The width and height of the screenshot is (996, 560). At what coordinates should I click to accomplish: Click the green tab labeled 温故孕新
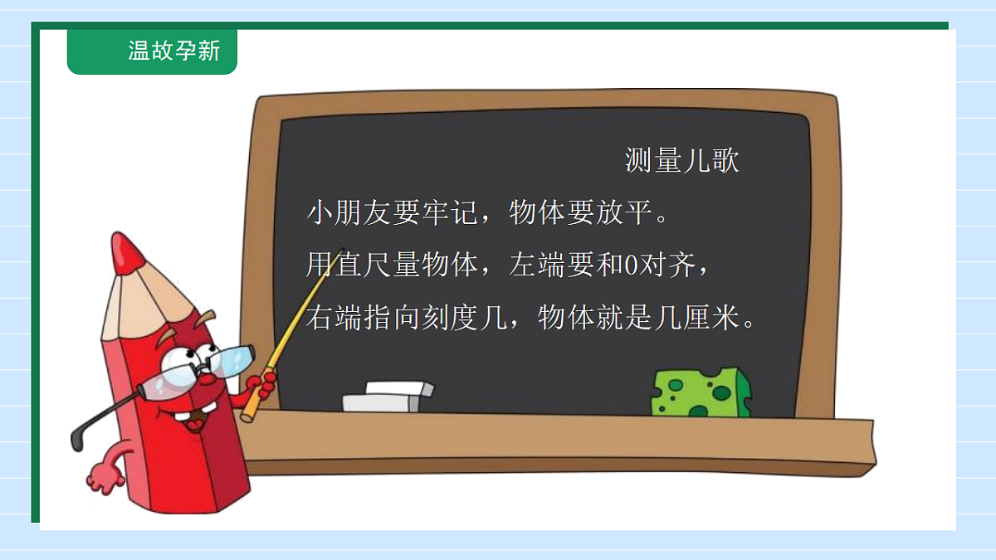[x=153, y=51]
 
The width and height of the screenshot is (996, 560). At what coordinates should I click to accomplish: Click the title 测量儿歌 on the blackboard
[x=681, y=161]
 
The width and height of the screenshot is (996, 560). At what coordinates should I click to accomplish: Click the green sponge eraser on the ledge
[x=701, y=392]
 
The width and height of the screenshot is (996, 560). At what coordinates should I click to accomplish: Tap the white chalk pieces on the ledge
[x=388, y=396]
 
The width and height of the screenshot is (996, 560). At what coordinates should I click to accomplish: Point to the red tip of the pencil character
[x=127, y=251]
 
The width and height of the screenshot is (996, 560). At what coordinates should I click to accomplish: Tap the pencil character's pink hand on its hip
[x=104, y=477]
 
